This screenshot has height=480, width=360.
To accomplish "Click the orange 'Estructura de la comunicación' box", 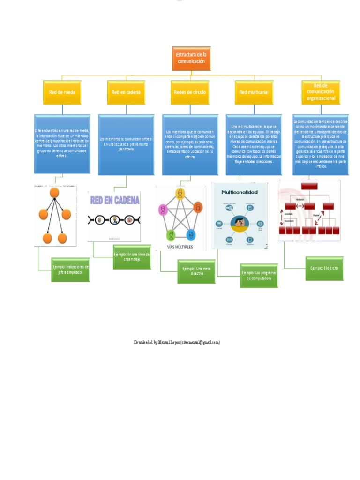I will pyautogui.click(x=191, y=58).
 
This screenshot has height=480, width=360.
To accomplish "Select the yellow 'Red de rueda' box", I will pyautogui.click(x=62, y=92).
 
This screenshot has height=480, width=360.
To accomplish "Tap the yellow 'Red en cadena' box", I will pyautogui.click(x=126, y=92).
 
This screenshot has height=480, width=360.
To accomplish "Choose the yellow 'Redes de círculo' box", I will pyautogui.click(x=190, y=92).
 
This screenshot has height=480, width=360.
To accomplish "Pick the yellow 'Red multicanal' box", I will pyautogui.click(x=254, y=92).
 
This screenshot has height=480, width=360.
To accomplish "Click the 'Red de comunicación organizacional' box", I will pyautogui.click(x=321, y=92).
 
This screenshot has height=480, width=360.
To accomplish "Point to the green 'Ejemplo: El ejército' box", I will pyautogui.click(x=324, y=268).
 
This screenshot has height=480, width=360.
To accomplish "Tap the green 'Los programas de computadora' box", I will pyautogui.click(x=259, y=275).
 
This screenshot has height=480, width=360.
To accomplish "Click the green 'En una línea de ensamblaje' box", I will pyautogui.click(x=132, y=257).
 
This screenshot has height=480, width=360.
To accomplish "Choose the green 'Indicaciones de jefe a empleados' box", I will pyautogui.click(x=70, y=270).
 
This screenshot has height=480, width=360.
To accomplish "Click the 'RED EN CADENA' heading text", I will pyautogui.click(x=115, y=201).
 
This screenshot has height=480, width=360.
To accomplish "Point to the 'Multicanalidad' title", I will pyautogui.click(x=240, y=193).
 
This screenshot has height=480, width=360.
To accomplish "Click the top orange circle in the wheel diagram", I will pyautogui.click(x=54, y=193).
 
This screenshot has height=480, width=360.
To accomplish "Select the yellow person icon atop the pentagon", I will pyautogui.click(x=180, y=193).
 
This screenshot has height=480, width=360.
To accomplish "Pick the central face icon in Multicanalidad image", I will pyautogui.click(x=240, y=222).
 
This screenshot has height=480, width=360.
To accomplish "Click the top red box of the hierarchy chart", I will pyautogui.click(x=310, y=186).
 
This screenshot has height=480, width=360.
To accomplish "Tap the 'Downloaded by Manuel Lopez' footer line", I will pyautogui.click(x=177, y=343).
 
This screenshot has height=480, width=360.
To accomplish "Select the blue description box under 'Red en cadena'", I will pyautogui.click(x=126, y=145).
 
